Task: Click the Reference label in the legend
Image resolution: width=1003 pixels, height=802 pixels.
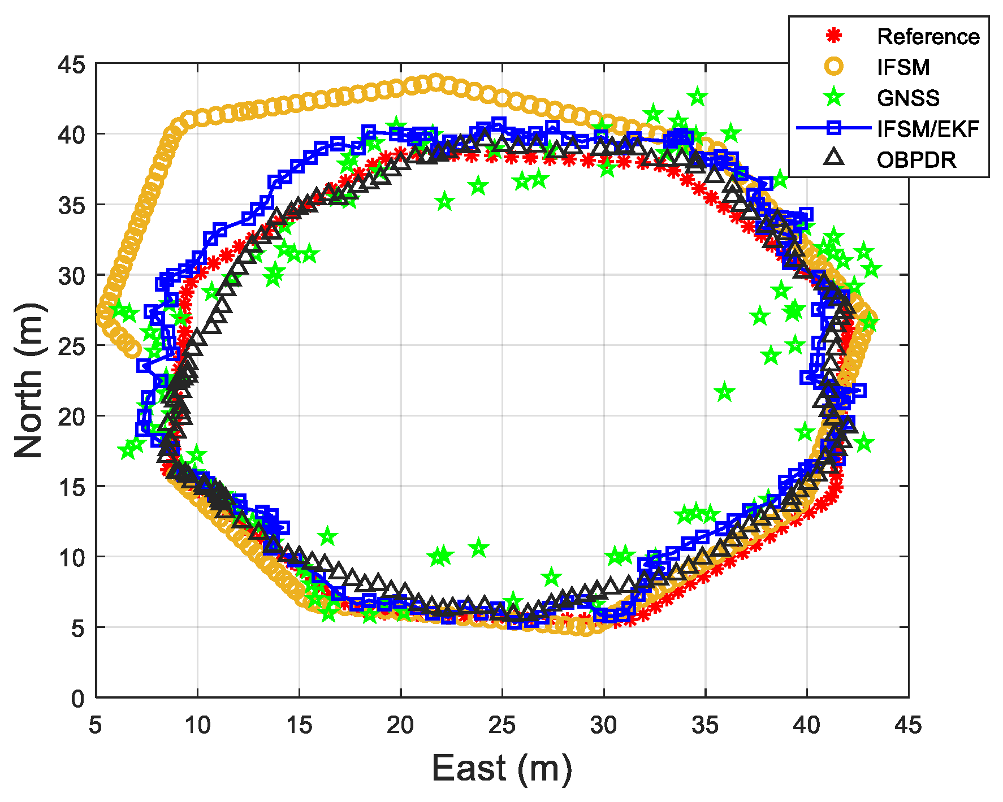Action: (x=927, y=37)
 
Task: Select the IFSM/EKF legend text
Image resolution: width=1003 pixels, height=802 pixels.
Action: (x=927, y=129)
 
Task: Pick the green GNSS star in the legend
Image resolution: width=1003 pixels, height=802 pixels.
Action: (x=834, y=98)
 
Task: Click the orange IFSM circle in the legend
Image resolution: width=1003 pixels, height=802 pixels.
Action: (x=834, y=67)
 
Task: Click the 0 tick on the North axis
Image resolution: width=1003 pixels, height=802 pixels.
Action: (x=78, y=699)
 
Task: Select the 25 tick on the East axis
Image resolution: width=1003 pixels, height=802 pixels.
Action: (x=502, y=725)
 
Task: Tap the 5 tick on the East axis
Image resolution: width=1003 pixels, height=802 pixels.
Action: (x=96, y=725)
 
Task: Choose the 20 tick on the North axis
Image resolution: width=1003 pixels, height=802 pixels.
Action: (x=72, y=417)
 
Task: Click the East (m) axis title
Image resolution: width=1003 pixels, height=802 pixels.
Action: (x=502, y=769)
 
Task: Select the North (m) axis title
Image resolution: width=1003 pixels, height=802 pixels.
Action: (x=29, y=380)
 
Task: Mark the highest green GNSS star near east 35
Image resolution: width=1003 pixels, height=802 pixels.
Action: (x=698, y=97)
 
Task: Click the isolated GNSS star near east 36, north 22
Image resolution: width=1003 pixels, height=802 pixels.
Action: (x=725, y=392)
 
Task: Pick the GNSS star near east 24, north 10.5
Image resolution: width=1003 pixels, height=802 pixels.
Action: (x=479, y=548)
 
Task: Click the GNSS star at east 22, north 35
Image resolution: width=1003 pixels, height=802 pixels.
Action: (x=445, y=201)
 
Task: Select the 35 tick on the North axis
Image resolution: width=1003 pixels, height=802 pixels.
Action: (x=72, y=205)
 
